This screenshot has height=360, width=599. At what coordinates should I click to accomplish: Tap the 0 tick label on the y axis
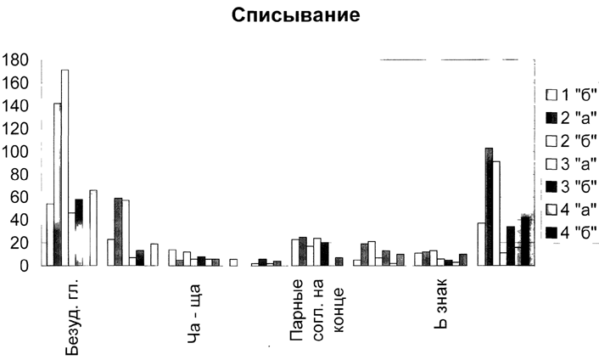[26, 266]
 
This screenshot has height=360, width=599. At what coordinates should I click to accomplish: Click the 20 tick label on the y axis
[22, 244]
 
